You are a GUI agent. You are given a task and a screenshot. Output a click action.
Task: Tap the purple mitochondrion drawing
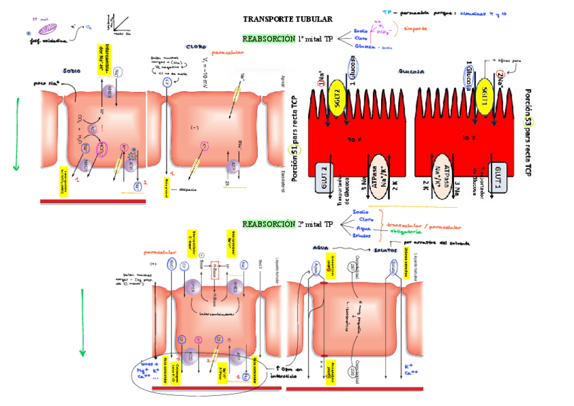point(49,28)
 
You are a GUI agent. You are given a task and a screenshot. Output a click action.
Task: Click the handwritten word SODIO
point(71,70)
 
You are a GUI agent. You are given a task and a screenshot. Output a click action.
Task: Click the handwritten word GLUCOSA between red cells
point(412,70)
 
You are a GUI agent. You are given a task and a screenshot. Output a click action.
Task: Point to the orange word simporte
point(414,29)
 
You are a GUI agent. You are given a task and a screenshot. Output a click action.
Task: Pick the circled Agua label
point(313,269)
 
